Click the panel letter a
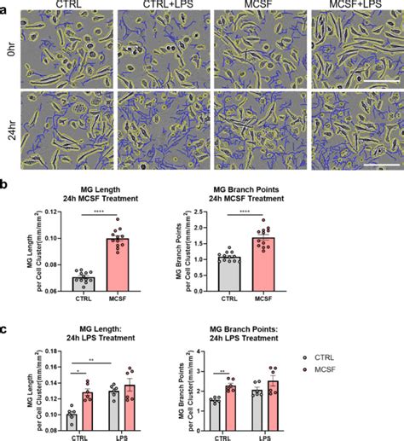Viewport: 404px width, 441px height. (x=6, y=8)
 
